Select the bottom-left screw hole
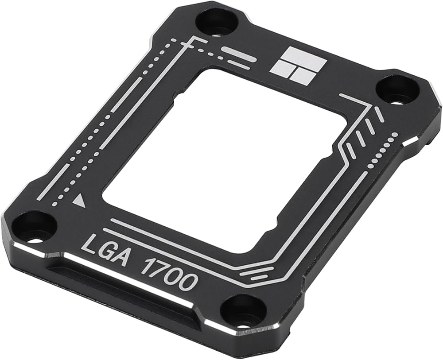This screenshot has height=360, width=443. pos(35,228)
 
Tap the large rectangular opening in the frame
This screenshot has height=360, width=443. pos(226,159)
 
